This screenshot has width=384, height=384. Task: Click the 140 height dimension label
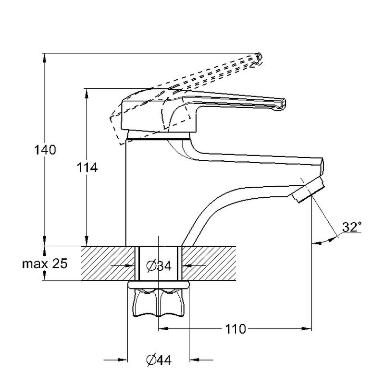[x=45, y=150]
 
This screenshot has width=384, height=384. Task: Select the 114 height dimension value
[x=87, y=168]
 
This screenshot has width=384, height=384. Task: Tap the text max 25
[x=45, y=264]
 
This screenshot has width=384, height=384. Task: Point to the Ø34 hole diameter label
[x=159, y=266]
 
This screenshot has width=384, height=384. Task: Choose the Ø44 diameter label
[x=159, y=360]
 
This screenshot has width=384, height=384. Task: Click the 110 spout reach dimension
[x=235, y=329]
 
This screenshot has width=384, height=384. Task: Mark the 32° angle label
[x=352, y=227]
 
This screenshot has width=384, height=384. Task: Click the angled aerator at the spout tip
[x=308, y=190]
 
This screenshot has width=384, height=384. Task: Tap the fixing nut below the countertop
[x=159, y=302]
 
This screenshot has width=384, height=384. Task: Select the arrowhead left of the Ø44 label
[x=123, y=360]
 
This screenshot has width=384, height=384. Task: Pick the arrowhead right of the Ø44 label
[x=195, y=360]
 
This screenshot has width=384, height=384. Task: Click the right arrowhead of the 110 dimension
[x=306, y=329]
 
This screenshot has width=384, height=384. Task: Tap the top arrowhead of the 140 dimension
[x=44, y=58]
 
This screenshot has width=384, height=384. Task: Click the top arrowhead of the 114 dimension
[x=87, y=94]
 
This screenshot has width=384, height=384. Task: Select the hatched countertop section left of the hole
[x=109, y=263]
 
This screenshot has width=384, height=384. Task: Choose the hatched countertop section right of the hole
[x=209, y=263]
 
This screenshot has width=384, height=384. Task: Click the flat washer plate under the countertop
[x=159, y=284]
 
